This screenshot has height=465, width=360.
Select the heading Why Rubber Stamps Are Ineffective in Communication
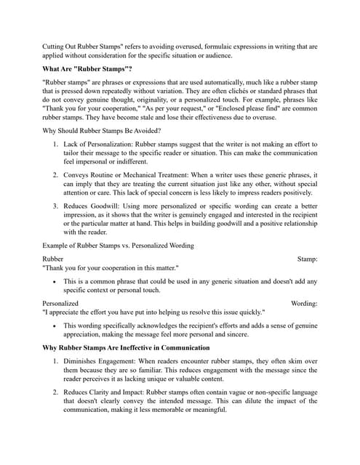tap(126, 347)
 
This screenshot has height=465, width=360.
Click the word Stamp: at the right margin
tap(307, 259)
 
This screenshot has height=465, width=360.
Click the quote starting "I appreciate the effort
tap(153, 312)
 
